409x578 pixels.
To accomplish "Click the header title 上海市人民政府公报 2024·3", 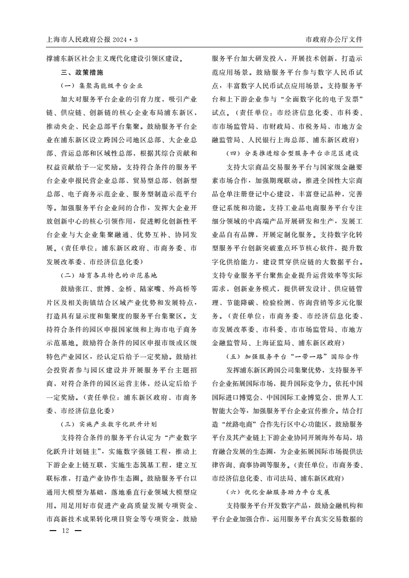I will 93,39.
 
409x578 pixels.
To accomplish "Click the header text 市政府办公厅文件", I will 334,39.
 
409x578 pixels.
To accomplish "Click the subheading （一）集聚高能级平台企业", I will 102,86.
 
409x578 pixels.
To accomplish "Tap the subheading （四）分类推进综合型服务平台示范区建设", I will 292,153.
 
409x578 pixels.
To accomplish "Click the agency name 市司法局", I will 280,478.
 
